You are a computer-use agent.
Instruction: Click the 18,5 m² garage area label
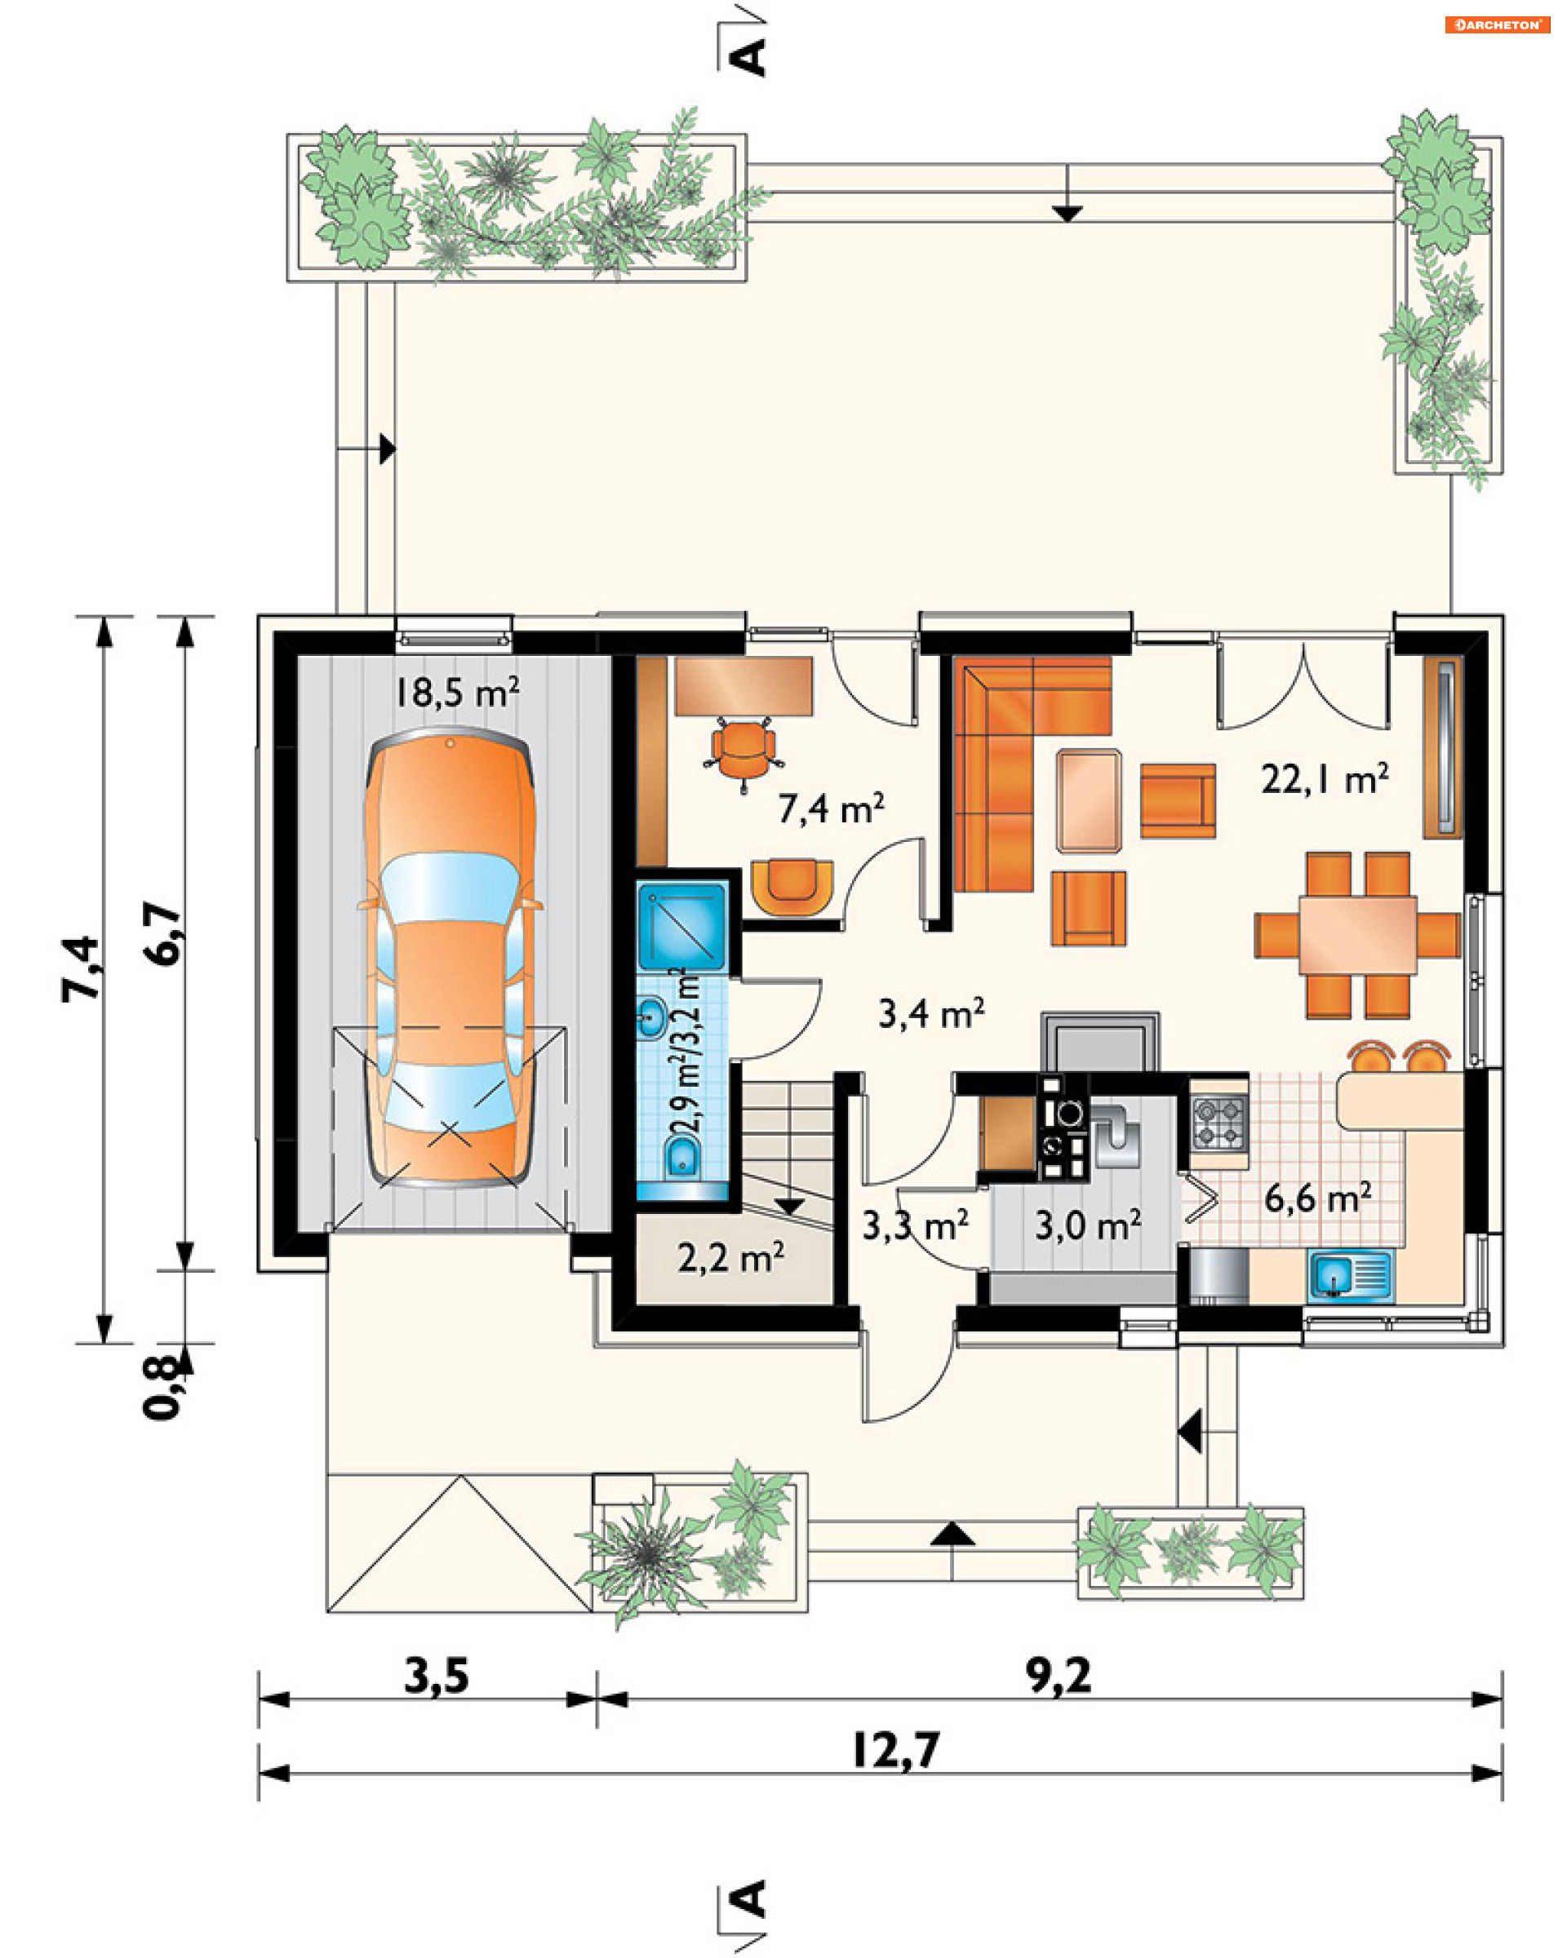[x=456, y=692]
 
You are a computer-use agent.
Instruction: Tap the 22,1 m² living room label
[x=1325, y=778]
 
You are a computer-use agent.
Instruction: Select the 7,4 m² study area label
[x=830, y=808]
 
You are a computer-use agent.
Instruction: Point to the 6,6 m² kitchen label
[x=1318, y=1198]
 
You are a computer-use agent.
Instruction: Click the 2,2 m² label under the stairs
[x=730, y=1258]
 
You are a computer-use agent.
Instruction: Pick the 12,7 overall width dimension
[x=895, y=1749]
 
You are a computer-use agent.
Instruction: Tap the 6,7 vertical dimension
[x=163, y=933]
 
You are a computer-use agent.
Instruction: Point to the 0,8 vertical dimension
[x=163, y=1387]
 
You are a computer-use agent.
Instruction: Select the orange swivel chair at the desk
[x=744, y=752]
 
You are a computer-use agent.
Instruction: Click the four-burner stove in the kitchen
[x=1219, y=1123]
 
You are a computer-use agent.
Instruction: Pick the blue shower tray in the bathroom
[x=682, y=925]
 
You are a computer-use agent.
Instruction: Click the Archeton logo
[x=1497, y=24]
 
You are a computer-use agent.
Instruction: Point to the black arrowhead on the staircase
[x=788, y=1207]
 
